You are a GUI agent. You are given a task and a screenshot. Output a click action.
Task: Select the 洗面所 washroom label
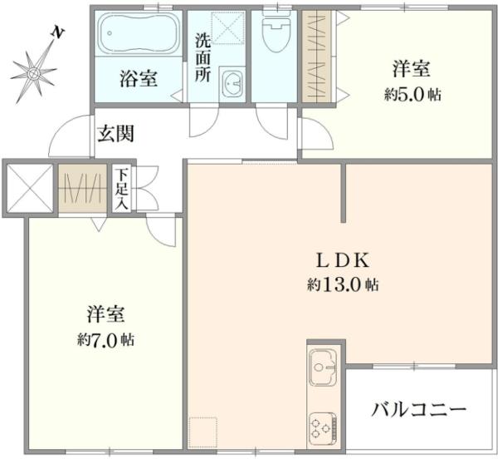203,57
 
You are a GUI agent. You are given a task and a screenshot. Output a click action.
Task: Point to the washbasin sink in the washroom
233,83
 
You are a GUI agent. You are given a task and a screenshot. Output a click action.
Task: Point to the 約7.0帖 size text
105,339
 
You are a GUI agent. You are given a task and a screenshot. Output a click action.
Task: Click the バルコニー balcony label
419,410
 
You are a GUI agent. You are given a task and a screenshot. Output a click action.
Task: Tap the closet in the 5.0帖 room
313,56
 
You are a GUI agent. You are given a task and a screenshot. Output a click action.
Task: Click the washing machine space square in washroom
224,28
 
